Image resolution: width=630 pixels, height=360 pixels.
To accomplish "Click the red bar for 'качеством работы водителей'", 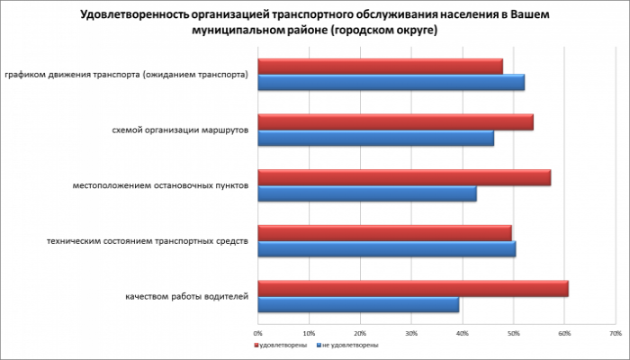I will [413, 288].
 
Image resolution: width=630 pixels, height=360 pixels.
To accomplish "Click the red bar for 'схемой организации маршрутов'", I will [395, 122].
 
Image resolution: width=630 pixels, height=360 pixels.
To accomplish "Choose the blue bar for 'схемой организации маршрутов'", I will [375, 139].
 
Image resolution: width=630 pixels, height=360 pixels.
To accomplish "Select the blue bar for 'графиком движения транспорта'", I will [391, 83].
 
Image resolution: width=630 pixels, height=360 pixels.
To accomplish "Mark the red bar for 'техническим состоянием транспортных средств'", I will [384, 233].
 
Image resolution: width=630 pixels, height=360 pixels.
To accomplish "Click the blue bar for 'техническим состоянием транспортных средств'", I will [387, 249].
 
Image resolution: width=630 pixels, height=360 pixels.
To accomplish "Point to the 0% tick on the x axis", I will [258, 332].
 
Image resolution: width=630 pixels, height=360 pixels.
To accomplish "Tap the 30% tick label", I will [411, 332].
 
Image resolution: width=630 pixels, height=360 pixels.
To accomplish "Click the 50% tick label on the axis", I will [513, 332].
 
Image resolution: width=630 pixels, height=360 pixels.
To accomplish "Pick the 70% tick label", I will [615, 332].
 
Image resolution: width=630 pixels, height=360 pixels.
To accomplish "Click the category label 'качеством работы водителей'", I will [187, 296].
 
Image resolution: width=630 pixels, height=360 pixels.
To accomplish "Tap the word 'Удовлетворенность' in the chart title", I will [136, 14].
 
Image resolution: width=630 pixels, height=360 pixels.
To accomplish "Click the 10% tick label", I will [310, 332].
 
